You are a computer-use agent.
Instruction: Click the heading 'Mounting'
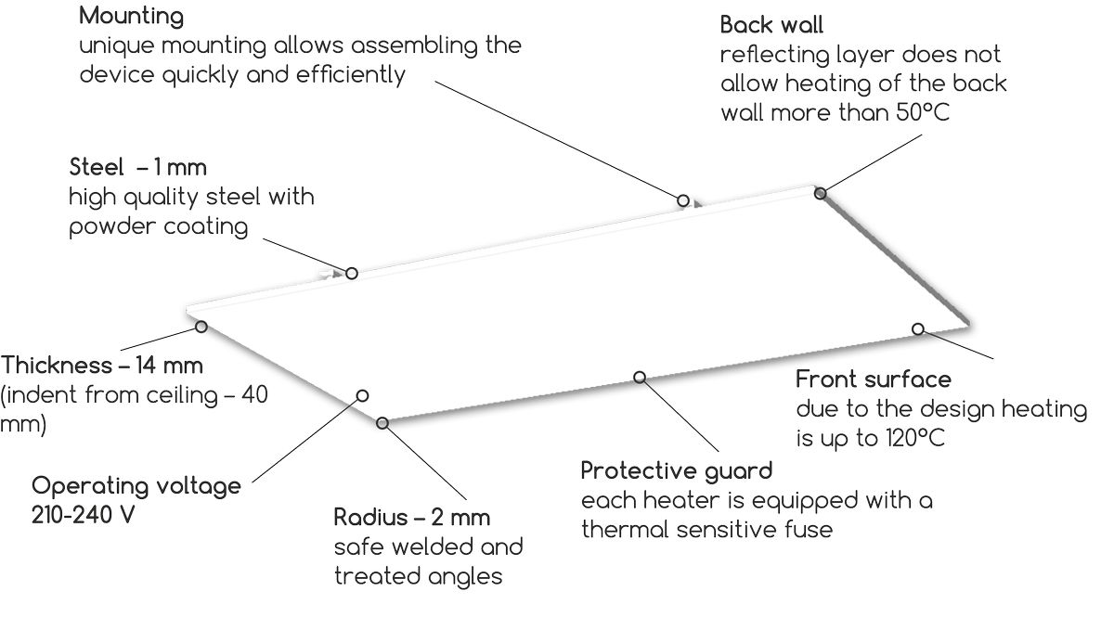pyautogui.click(x=131, y=17)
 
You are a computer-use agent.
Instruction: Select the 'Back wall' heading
pyautogui.click(x=771, y=25)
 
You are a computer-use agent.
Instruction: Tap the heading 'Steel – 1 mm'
pyautogui.click(x=137, y=168)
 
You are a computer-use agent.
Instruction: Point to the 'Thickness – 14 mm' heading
pyautogui.click(x=102, y=366)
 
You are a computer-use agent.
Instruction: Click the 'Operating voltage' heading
pyautogui.click(x=136, y=486)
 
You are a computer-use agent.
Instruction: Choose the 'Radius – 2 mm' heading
pyautogui.click(x=412, y=517)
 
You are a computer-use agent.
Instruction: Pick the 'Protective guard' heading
pyautogui.click(x=676, y=470)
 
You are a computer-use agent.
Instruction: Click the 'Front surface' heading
pyautogui.click(x=874, y=379)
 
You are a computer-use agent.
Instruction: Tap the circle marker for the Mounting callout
pyautogui.click(x=682, y=199)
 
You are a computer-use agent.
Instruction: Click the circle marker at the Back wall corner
pyautogui.click(x=820, y=193)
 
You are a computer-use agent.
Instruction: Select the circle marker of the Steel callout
pyautogui.click(x=352, y=273)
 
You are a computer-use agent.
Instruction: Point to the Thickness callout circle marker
pyautogui.click(x=201, y=326)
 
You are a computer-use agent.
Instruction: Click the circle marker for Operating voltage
pyautogui.click(x=362, y=395)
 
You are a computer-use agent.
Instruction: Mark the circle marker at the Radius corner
pyautogui.click(x=382, y=423)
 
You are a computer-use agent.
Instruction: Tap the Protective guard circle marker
pyautogui.click(x=640, y=376)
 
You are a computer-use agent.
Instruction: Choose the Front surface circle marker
pyautogui.click(x=917, y=328)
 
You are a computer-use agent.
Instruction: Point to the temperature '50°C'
pyautogui.click(x=919, y=112)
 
